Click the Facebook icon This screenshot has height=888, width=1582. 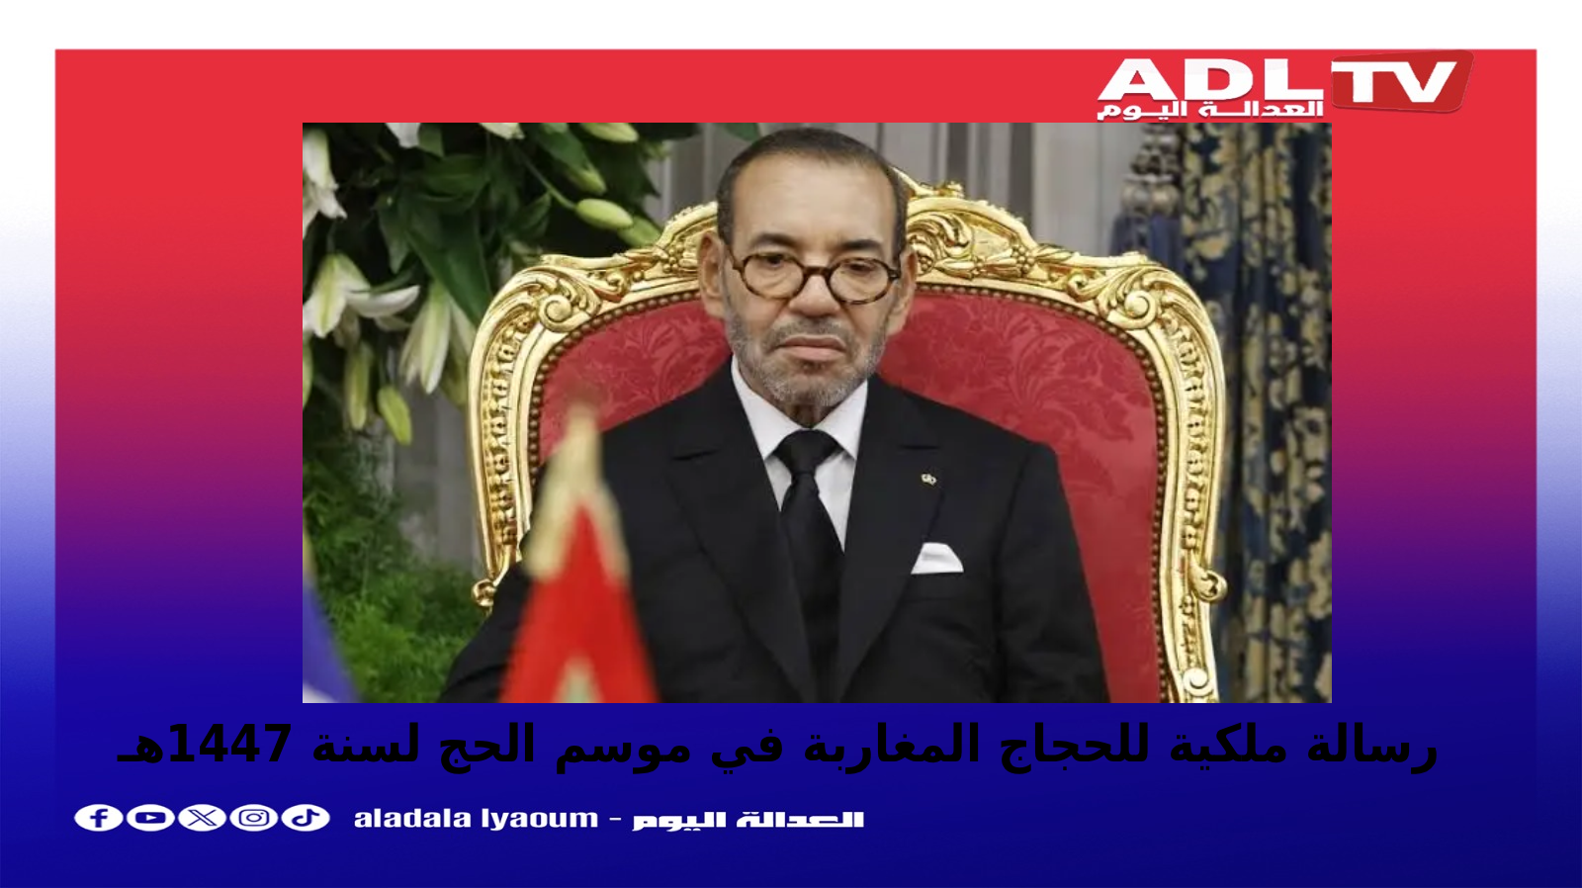(98, 818)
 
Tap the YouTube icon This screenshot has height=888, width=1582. (150, 818)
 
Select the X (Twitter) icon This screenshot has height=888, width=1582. (202, 818)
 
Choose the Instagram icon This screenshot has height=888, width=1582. (253, 818)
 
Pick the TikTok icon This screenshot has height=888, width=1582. (306, 818)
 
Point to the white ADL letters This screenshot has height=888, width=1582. (1210, 80)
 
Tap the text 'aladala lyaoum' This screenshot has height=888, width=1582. (476, 819)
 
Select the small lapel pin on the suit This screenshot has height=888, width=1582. (928, 480)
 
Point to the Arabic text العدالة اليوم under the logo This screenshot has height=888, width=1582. (1210, 110)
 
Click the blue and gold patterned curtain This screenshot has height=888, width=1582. (1243, 409)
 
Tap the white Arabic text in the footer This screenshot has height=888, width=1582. (747, 820)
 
